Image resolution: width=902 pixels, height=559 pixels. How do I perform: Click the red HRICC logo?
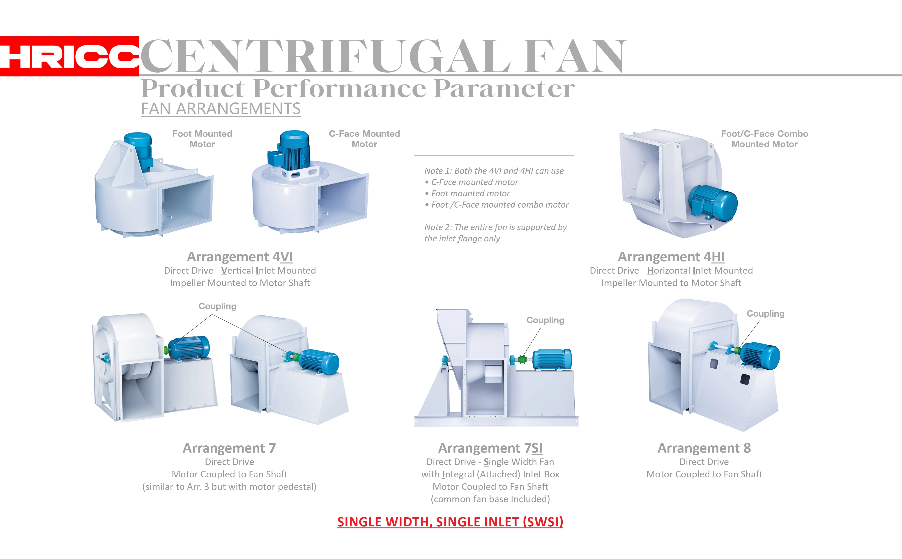tap(69, 56)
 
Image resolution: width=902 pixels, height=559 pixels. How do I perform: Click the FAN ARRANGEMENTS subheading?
tap(221, 109)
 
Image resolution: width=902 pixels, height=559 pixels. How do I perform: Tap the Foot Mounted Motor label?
tap(202, 139)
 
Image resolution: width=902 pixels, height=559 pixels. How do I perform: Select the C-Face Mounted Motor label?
tap(364, 139)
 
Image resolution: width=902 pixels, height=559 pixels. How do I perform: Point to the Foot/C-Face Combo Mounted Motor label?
tap(764, 139)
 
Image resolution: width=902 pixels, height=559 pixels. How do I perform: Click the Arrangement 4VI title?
tap(240, 257)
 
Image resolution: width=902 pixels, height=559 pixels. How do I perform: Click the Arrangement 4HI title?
tap(671, 257)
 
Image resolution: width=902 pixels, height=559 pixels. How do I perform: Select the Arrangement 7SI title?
tap(490, 448)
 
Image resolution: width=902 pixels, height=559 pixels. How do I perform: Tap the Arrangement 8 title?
tap(704, 448)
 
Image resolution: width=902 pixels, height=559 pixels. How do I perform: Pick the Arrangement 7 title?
tap(229, 448)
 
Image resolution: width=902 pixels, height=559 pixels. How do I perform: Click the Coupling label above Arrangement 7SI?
tap(545, 320)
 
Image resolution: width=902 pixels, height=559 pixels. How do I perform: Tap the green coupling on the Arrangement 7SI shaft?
tap(522, 359)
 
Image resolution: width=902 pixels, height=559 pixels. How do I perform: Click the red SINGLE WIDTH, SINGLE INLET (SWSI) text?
tap(450, 522)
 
